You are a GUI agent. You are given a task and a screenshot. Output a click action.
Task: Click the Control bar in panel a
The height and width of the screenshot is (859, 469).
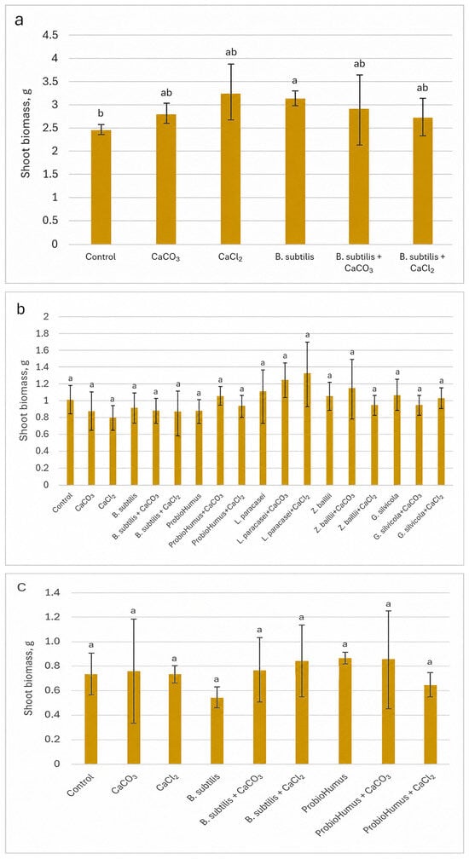coord(101,187)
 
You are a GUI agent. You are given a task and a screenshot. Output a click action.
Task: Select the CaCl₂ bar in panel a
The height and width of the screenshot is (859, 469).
coord(230,169)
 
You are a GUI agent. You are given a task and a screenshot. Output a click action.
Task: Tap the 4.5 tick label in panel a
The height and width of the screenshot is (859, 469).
coord(51,35)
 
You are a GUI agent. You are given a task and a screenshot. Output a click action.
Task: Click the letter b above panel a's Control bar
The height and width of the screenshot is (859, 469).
coord(101,113)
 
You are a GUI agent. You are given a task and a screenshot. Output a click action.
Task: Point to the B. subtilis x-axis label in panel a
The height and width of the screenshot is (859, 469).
coord(295,256)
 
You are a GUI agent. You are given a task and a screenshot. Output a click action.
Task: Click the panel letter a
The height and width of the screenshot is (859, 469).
coord(19,20)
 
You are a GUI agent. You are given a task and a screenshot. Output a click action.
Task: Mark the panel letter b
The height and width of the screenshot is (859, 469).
coord(20,309)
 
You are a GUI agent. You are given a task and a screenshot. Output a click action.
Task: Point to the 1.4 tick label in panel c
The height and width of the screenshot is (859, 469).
coord(57,593)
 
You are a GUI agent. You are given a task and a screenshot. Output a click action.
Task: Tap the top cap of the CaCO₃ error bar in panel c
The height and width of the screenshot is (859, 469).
coord(133,619)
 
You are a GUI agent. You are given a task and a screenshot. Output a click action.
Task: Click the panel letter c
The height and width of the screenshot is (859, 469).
coord(20,588)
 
